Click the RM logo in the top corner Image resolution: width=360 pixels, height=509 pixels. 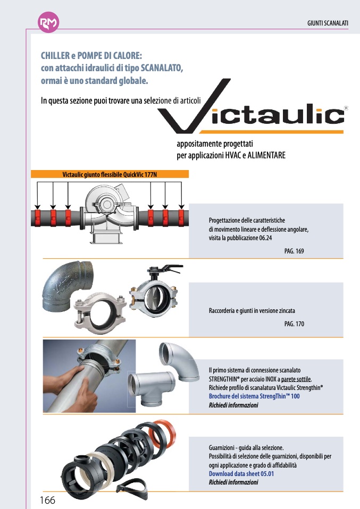coord(49,23)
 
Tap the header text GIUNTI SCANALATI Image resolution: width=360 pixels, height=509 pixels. coord(328,24)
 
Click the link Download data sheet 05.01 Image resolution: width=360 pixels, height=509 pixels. coord(241,474)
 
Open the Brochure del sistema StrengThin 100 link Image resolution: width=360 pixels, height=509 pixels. coord(254,396)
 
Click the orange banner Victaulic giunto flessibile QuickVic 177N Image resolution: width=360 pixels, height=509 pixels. coord(110,174)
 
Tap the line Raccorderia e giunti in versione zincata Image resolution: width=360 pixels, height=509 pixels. coord(252,310)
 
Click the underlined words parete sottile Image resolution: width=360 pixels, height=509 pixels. coord(296,379)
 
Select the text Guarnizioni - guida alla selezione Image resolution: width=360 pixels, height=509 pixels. coord(242,448)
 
